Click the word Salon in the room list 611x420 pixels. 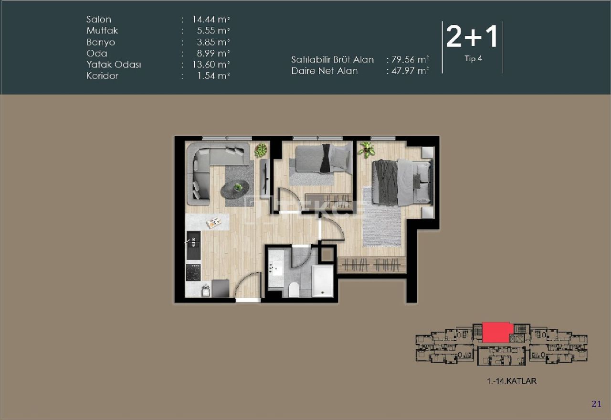[99, 20]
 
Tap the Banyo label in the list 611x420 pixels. [101, 42]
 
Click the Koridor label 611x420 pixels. [102, 75]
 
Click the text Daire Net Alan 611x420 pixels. [325, 71]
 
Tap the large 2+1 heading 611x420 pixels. [472, 37]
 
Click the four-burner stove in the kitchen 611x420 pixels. [193, 273]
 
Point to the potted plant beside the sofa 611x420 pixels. [261, 151]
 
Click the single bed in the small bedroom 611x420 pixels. [321, 159]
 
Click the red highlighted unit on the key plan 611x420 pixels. [497, 332]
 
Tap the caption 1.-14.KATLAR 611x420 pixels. [512, 381]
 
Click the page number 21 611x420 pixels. [596, 404]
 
